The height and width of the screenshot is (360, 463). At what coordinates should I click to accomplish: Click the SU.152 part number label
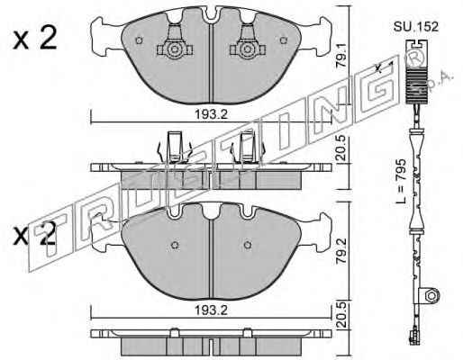416,27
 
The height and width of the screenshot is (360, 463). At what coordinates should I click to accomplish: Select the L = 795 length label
401,181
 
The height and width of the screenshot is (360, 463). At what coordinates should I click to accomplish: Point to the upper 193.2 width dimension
211,114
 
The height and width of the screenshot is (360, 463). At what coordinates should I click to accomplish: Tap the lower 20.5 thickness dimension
341,315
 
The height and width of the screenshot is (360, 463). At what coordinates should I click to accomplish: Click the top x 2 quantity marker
35,39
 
